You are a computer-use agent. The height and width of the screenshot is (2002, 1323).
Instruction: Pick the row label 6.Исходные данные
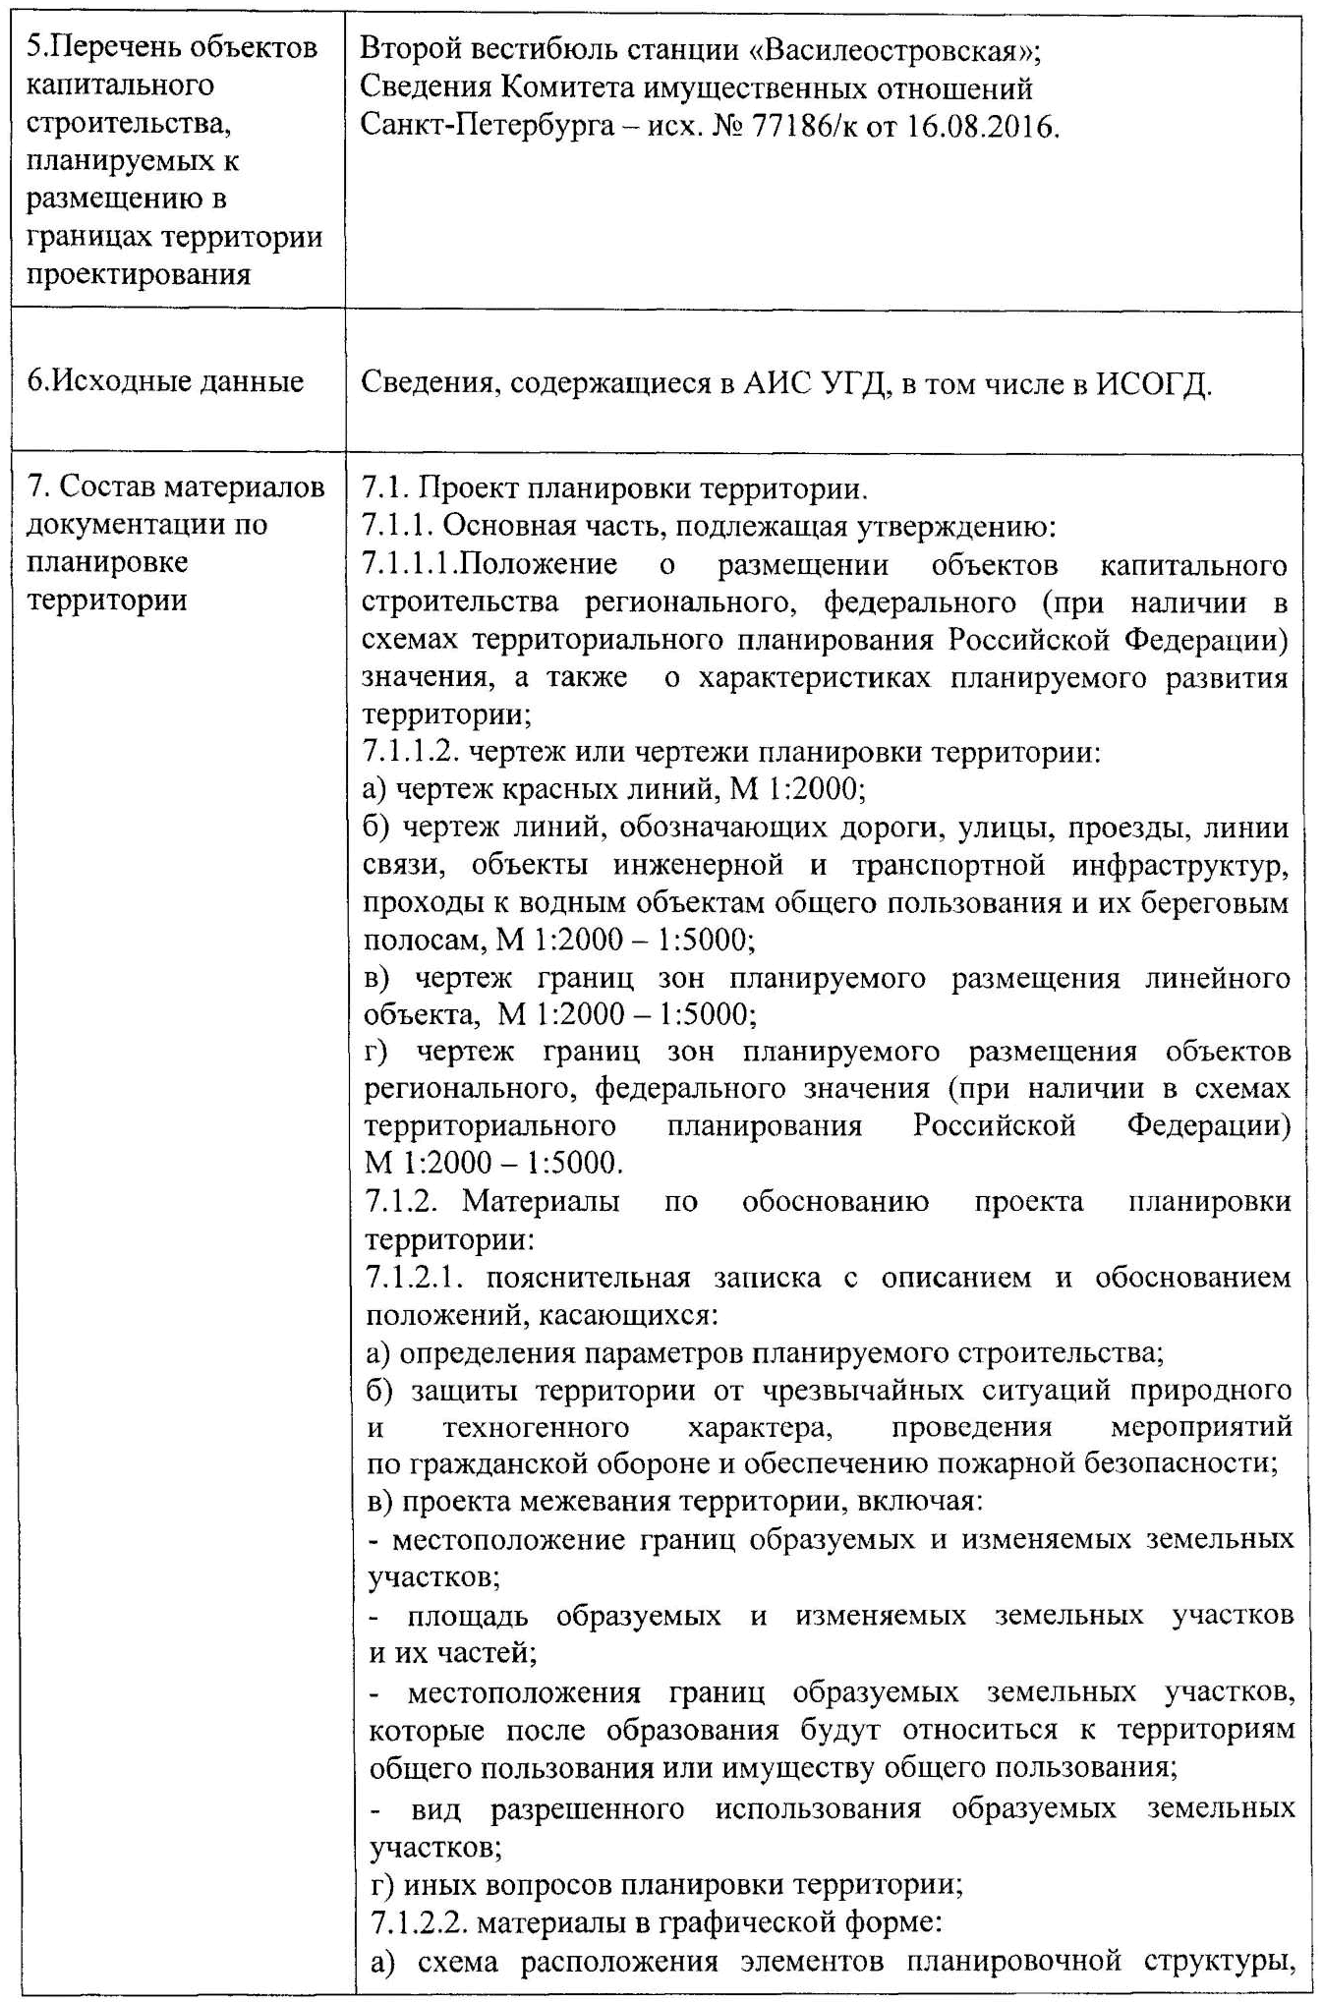pos(165,381)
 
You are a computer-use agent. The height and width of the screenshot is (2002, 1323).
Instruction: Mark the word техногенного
pos(536,1426)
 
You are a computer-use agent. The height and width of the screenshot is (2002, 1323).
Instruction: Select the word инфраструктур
pos(1179,865)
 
